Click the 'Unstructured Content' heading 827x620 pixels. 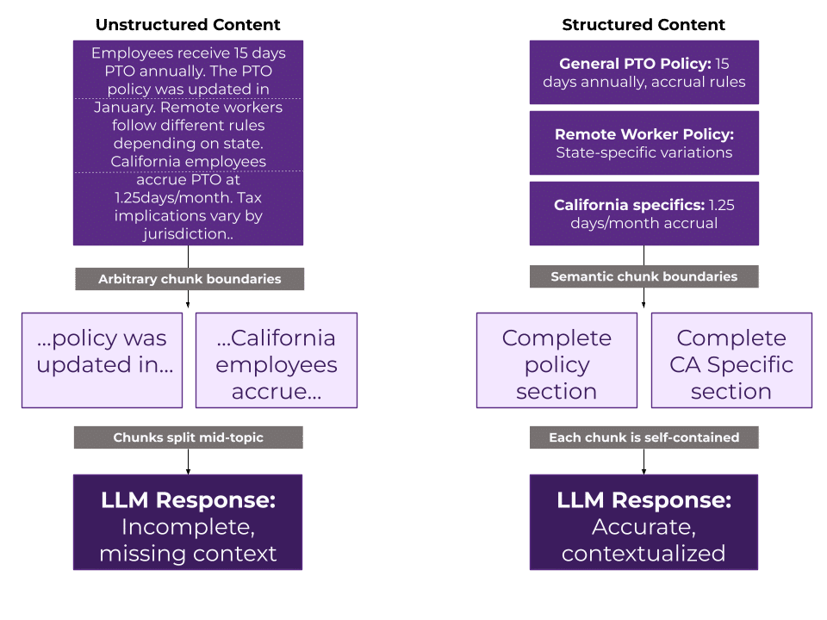188,25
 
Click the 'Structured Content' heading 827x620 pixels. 644,25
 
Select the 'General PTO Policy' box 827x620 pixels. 644,72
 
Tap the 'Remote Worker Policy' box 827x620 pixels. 644,143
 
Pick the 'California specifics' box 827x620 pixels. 644,214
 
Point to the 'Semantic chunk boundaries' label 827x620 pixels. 644,276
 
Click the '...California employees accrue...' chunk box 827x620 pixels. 276,360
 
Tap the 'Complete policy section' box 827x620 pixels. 557,360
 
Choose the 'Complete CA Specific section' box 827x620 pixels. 731,360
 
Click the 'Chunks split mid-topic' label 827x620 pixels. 188,437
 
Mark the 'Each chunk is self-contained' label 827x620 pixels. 644,437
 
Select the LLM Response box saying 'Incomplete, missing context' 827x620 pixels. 188,523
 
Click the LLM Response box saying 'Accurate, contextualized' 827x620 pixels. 644,523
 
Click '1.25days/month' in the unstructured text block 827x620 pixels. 164,197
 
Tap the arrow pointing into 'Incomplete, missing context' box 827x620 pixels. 188,465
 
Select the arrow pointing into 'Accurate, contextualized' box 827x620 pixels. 644,465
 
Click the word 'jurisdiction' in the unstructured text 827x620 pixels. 185,232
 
